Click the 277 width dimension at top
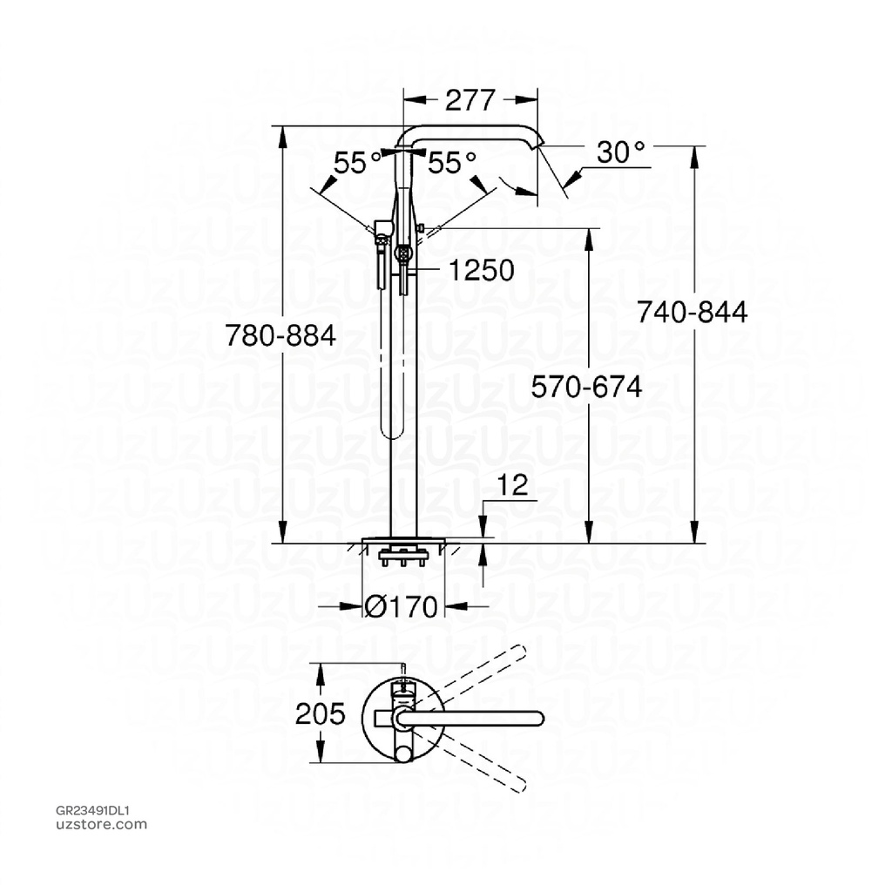[470, 100]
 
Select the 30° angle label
[620, 153]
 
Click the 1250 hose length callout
[481, 270]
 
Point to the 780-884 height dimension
[280, 334]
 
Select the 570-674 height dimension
[587, 386]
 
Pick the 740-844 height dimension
[692, 312]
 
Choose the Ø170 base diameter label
[401, 607]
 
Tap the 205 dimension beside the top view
[320, 714]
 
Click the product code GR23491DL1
[92, 809]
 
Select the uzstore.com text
[101, 824]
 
